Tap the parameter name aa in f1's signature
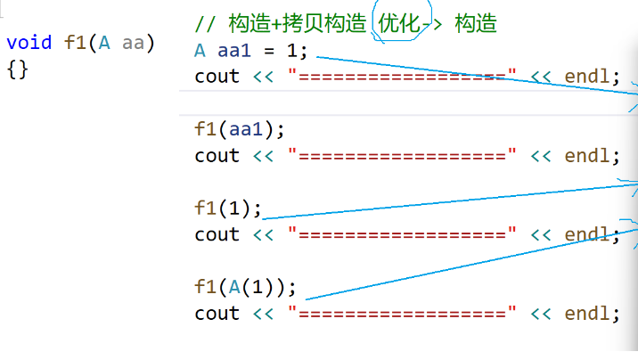point(134,43)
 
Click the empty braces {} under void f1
point(17,69)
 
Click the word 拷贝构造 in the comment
point(330,24)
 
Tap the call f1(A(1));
point(246,288)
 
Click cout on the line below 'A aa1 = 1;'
point(217,77)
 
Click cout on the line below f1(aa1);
point(217,156)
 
